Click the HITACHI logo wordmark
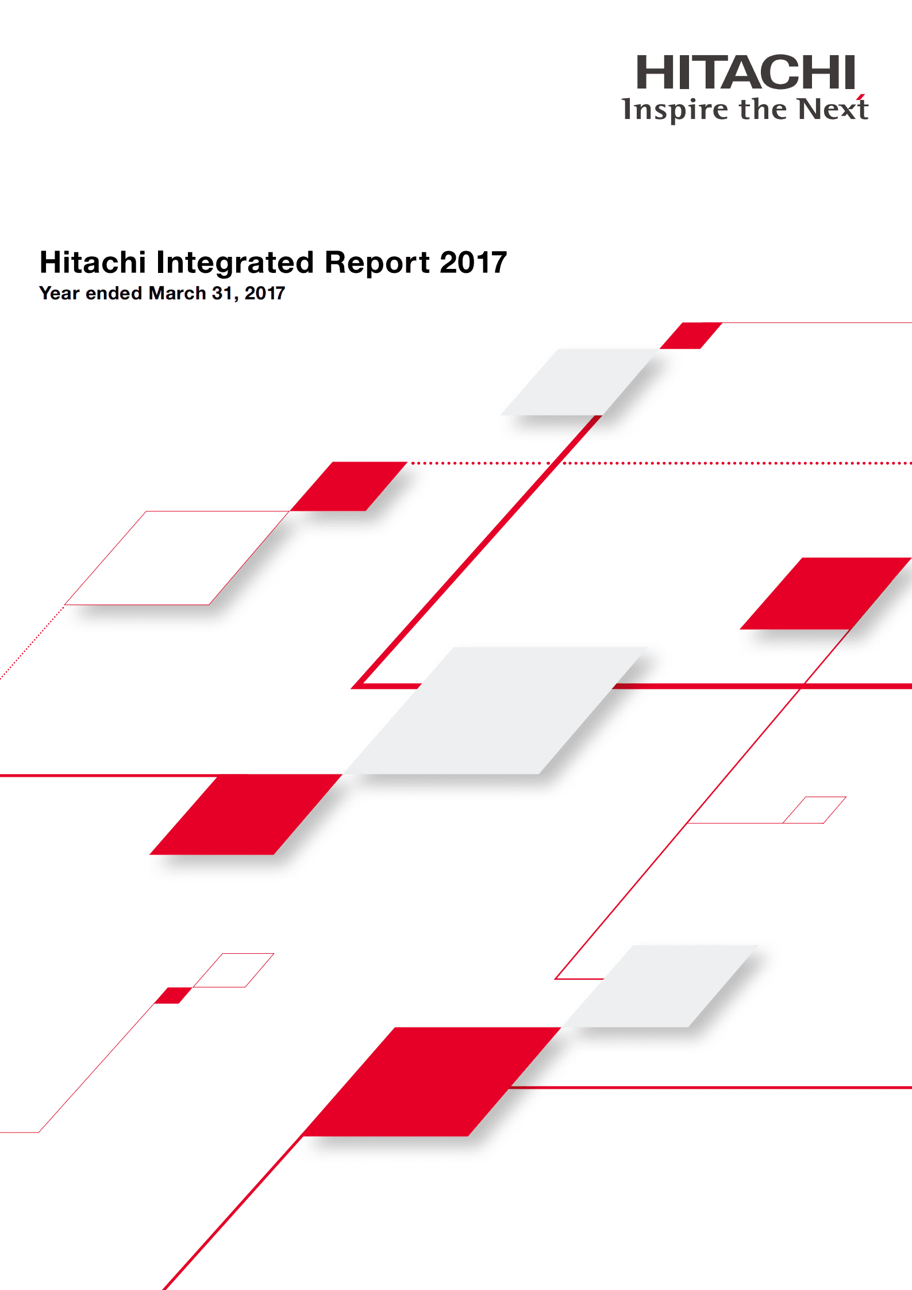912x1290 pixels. point(745,73)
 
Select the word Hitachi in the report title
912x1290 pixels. point(93,263)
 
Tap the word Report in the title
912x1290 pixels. point(377,263)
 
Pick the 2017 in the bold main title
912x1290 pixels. point(473,263)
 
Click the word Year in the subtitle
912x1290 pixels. point(59,293)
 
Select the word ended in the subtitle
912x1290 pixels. point(114,293)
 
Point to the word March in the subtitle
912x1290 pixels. point(177,293)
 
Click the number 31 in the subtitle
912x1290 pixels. point(222,293)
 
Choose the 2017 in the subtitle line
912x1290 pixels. point(264,293)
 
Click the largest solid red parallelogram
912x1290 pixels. point(431,1081)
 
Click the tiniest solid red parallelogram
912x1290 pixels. point(174,995)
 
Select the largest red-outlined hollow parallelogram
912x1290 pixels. point(176,558)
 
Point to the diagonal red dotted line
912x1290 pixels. point(32,643)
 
